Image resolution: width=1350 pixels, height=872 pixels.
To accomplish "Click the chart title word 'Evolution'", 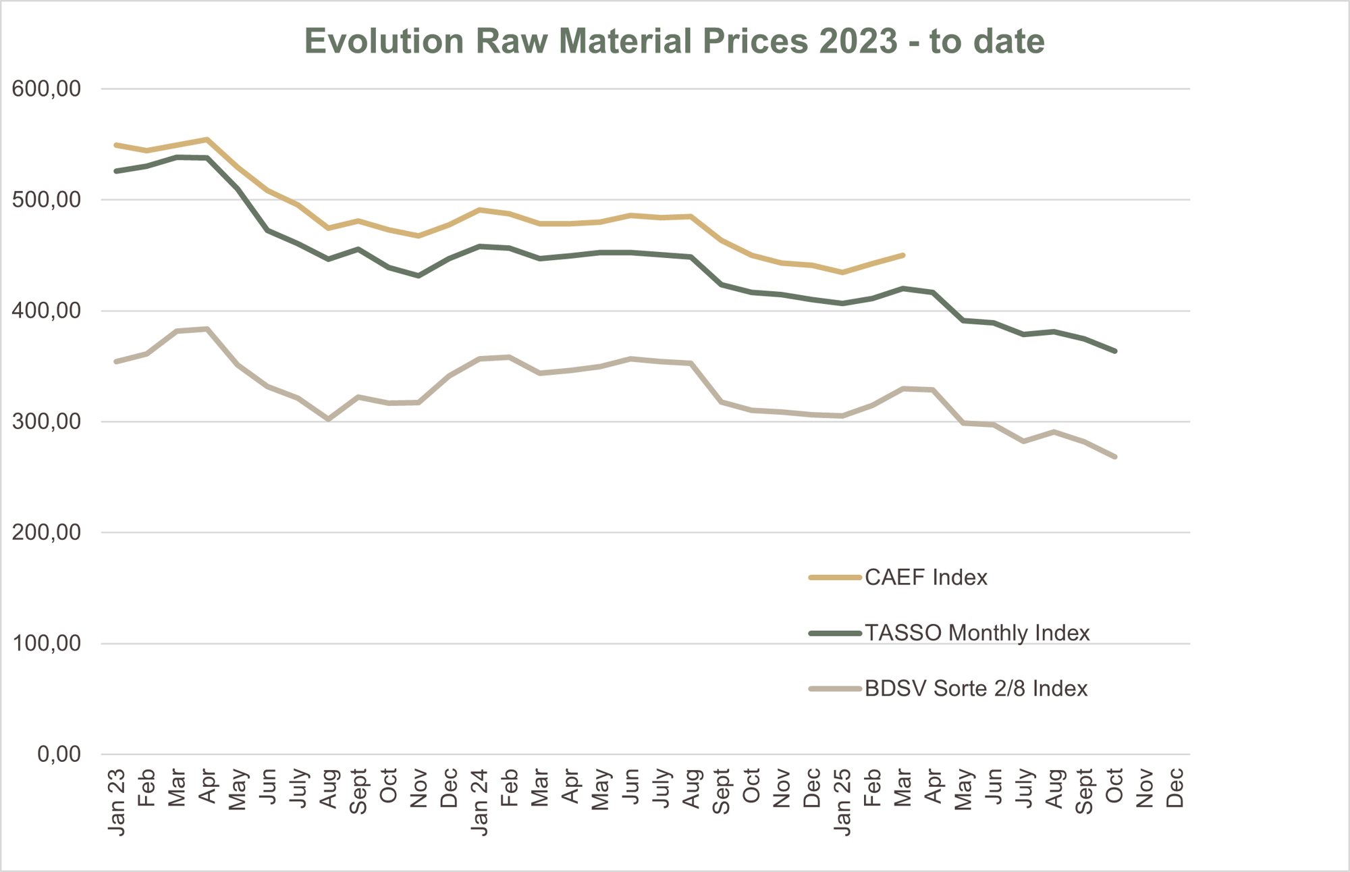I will coord(384,41).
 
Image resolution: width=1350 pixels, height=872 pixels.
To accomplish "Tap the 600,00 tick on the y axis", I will coord(47,88).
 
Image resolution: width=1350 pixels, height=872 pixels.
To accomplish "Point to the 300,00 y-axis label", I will coord(47,421).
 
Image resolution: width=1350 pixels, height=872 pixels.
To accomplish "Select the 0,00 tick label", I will coord(59,754).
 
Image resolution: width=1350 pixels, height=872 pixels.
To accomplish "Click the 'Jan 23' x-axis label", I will coord(117,802).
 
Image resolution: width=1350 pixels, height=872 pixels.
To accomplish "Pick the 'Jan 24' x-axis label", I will coord(479,802).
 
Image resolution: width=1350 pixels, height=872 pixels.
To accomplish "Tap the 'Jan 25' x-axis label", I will coord(842,802).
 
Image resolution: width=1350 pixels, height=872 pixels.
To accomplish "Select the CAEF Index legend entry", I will coord(925,578).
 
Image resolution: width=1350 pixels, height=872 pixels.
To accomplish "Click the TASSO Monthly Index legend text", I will coord(977,633).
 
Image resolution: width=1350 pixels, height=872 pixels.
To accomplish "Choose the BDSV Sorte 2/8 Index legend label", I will coord(976,688).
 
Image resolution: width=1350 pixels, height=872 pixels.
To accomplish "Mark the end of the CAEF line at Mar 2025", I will coord(902,255).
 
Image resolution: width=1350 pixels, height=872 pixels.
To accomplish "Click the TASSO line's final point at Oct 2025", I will coord(1114,351).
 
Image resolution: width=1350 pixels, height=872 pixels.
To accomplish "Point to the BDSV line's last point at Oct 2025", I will coord(1114,457).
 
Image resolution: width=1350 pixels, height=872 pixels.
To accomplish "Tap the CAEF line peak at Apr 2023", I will coord(207,140).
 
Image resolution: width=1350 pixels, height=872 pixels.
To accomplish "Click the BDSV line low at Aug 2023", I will coord(328,419).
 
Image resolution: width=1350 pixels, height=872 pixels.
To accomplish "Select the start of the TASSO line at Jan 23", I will coord(117,171).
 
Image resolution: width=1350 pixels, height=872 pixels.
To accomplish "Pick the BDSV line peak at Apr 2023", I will coord(207,329).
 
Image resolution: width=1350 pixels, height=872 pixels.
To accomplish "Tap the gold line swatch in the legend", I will coord(835,578).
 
